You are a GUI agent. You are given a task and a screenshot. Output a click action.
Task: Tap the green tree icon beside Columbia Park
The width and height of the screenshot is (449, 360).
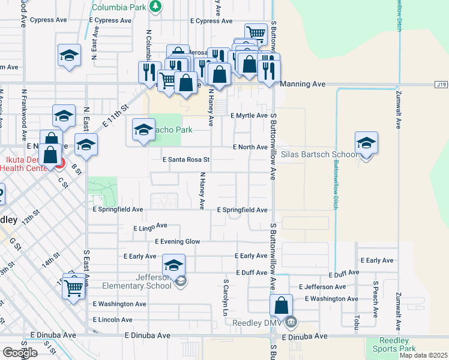coord(156,7)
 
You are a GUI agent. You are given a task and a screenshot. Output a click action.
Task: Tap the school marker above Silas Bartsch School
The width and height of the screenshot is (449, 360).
coord(366,144)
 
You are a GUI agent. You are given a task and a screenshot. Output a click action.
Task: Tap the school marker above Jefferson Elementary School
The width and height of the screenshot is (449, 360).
coord(173,266)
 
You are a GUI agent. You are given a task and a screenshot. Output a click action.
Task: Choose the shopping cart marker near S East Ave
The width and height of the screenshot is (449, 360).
coord(74,289)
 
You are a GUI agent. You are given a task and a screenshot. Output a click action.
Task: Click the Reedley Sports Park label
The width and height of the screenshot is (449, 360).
coord(394,344)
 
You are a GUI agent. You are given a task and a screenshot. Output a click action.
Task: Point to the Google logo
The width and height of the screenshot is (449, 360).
coord(20,352)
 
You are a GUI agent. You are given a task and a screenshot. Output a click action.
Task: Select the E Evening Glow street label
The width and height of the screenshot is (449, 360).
coord(177,242)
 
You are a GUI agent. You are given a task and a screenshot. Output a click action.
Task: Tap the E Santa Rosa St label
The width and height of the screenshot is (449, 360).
coord(186,160)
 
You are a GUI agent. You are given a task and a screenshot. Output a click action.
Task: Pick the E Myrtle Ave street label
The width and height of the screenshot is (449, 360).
coord(249,115)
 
